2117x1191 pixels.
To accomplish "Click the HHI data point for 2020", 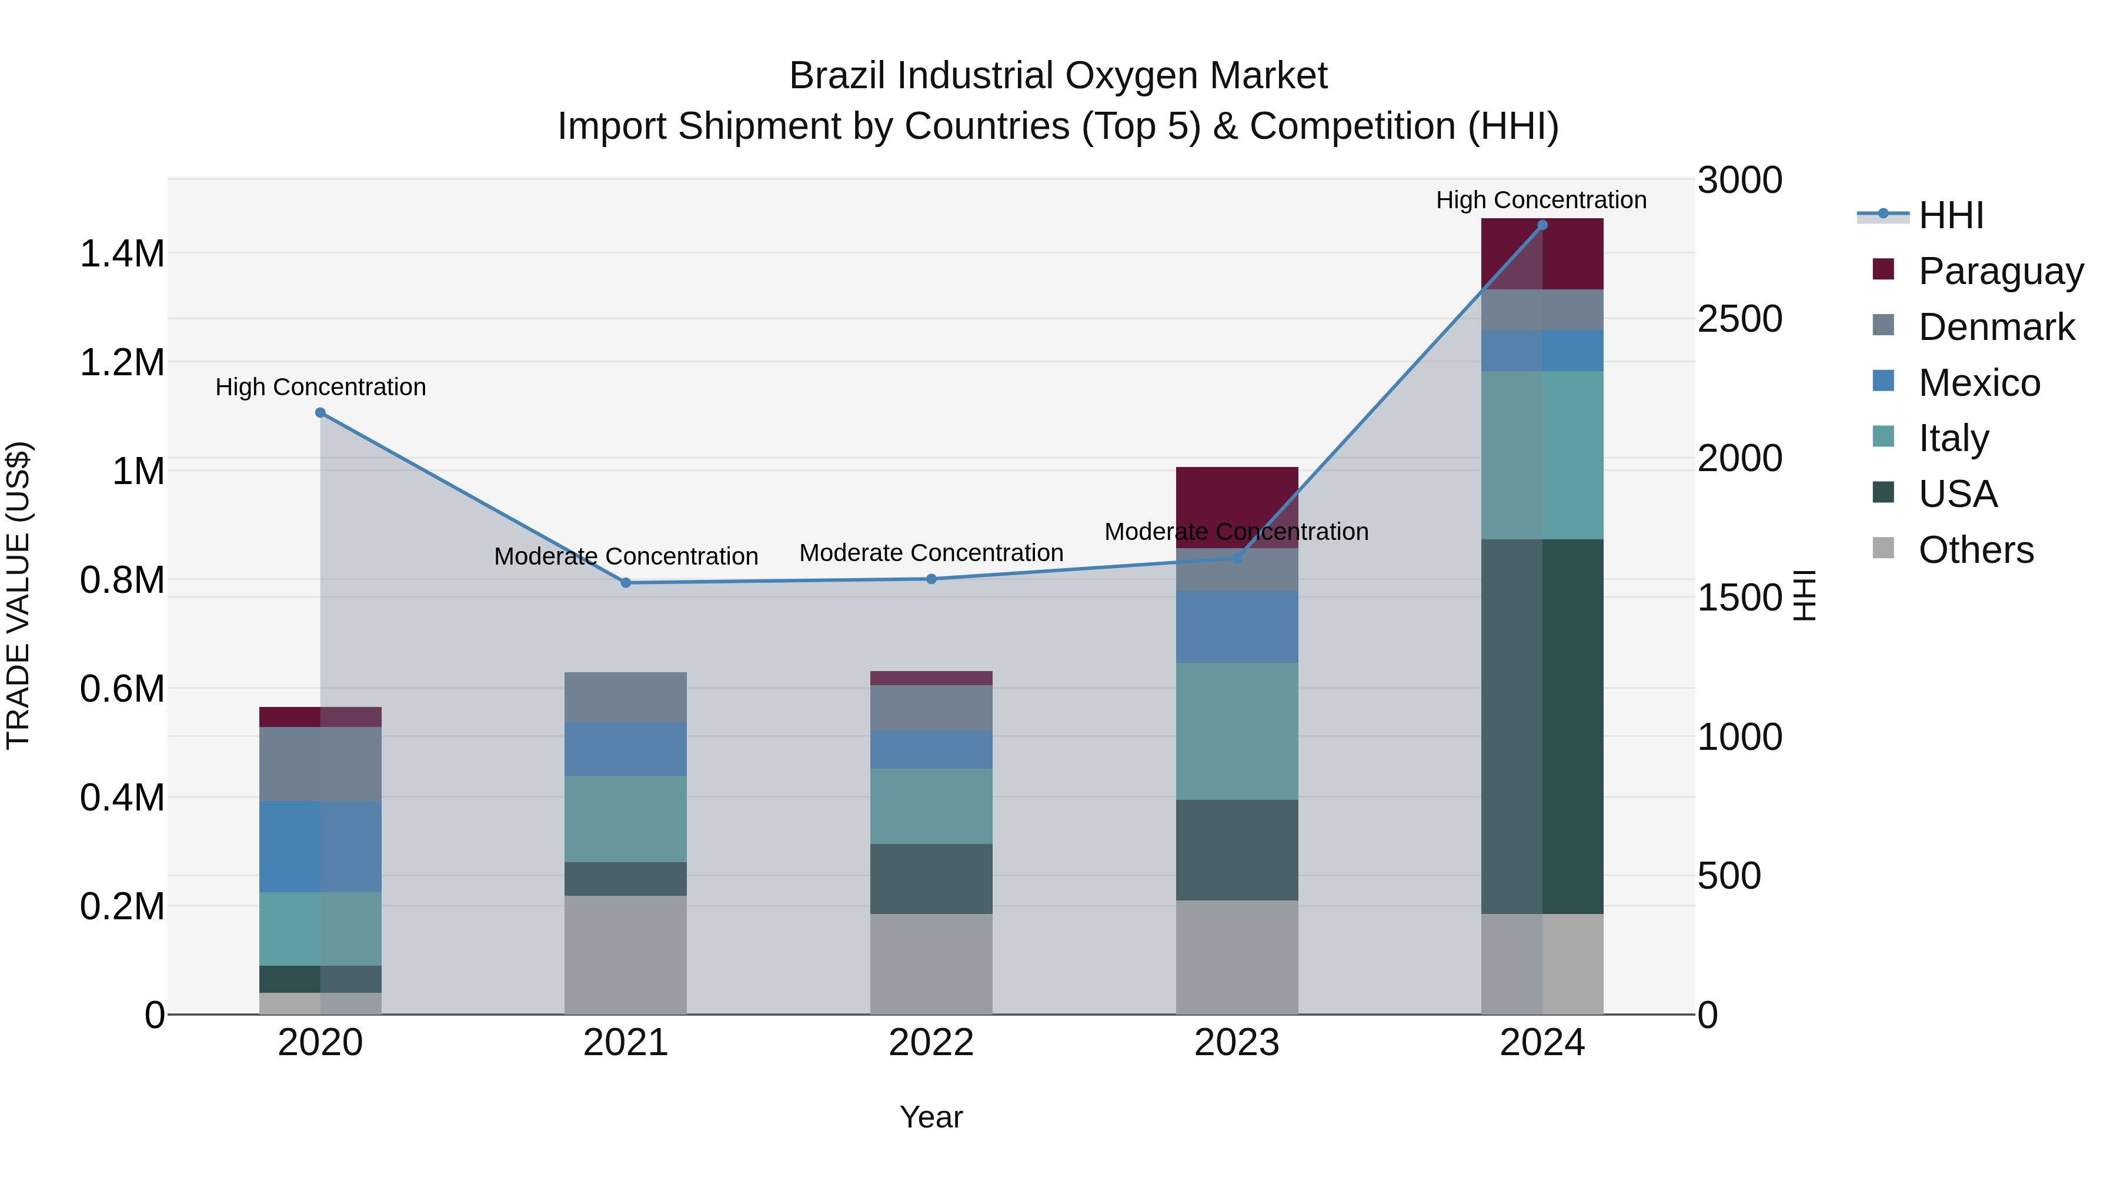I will pyautogui.click(x=320, y=413).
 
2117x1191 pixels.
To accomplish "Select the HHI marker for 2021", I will pyautogui.click(x=626, y=583).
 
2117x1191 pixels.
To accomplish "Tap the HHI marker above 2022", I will pyautogui.click(x=931, y=579).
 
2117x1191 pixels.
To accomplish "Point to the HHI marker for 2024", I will pyautogui.click(x=1542, y=225).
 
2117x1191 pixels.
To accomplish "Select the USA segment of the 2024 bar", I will pyautogui.click(x=1542, y=726).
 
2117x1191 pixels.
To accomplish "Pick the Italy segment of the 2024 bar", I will pyautogui.click(x=1542, y=455).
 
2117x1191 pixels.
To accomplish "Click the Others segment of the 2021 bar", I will pyautogui.click(x=626, y=955).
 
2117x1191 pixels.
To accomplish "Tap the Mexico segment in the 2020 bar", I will pyautogui.click(x=320, y=846).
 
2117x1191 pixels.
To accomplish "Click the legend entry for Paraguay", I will pyautogui.click(x=2001, y=271).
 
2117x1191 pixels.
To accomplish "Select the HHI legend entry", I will pyautogui.click(x=1951, y=215).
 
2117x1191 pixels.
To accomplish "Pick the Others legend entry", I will pyautogui.click(x=1976, y=549).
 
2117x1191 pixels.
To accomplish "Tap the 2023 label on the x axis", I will pyautogui.click(x=1237, y=1043).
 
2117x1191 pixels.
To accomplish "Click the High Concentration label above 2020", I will pyautogui.click(x=320, y=386).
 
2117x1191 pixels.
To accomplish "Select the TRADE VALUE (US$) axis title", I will pyautogui.click(x=18, y=595).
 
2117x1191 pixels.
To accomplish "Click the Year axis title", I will pyautogui.click(x=931, y=1117).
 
